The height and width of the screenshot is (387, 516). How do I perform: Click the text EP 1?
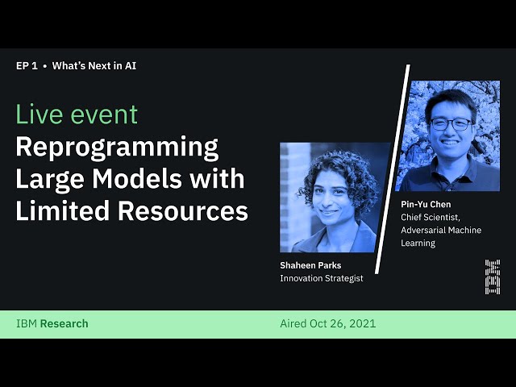pyautogui.click(x=27, y=66)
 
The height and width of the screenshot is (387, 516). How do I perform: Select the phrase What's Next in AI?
pyautogui.click(x=94, y=66)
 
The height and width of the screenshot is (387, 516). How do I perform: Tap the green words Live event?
pyautogui.click(x=77, y=114)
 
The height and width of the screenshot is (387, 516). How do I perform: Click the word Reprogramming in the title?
pyautogui.click(x=117, y=148)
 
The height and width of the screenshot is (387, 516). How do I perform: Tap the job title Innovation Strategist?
pyautogui.click(x=321, y=278)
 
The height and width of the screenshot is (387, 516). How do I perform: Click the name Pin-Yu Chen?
pyautogui.click(x=426, y=205)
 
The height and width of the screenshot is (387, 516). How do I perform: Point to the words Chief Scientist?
pyautogui.click(x=431, y=218)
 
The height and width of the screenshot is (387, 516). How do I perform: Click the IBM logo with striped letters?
pyautogui.click(x=492, y=277)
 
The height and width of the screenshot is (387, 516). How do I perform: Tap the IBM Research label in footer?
pyautogui.click(x=52, y=324)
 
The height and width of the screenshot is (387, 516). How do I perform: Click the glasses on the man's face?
pyautogui.click(x=451, y=124)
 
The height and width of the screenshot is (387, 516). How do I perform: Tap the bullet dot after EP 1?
pyautogui.click(x=44, y=66)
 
